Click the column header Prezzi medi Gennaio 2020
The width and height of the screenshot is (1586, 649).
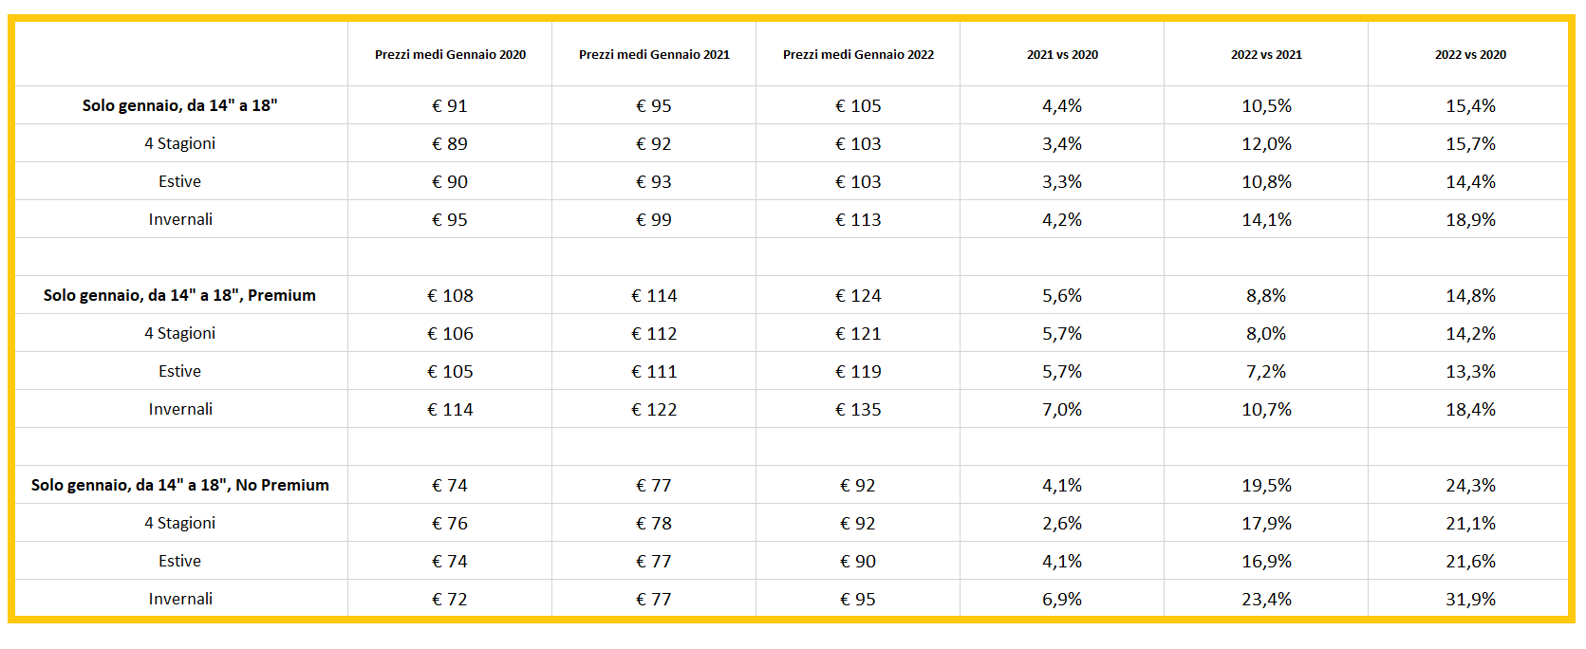point(450,55)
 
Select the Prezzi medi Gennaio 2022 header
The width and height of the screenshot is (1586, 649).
point(858,55)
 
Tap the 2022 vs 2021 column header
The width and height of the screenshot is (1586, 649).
point(1266,55)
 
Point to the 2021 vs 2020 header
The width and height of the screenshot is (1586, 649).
point(1062,55)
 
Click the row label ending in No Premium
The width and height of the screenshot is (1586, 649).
point(180,485)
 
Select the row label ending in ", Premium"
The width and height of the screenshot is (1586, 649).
point(180,295)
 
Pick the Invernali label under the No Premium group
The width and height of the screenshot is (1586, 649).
point(180,599)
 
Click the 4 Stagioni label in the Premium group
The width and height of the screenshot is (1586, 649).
point(180,333)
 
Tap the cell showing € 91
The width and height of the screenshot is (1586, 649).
point(450,105)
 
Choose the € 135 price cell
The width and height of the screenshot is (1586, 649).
point(858,409)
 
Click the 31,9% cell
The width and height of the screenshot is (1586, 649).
point(1470,599)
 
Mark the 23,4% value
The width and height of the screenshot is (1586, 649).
point(1266,599)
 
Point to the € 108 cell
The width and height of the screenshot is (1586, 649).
point(450,295)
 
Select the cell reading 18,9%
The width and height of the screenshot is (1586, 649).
point(1470,219)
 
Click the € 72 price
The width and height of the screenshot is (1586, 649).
point(450,599)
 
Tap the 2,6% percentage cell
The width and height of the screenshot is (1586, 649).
point(1062,523)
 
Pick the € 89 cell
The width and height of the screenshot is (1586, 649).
point(450,143)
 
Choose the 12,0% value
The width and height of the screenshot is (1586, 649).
point(1266,143)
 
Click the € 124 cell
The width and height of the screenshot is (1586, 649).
point(858,295)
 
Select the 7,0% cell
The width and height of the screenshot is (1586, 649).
point(1062,409)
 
